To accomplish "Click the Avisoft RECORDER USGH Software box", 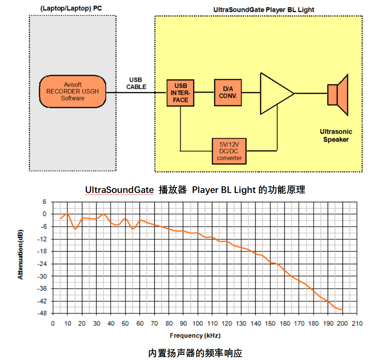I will (x=72, y=91).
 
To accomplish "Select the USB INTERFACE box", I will (x=180, y=93).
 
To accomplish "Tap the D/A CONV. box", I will (x=227, y=92).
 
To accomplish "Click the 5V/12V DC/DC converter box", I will (x=229, y=151).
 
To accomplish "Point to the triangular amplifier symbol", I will (x=275, y=93).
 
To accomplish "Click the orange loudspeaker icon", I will (x=337, y=95).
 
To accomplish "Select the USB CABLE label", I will (x=136, y=84).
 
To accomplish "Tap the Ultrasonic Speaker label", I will (x=336, y=135).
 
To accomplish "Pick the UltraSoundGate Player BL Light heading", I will (x=263, y=10).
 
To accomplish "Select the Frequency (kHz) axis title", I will (x=195, y=336).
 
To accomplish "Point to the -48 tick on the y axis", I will (x=44, y=313).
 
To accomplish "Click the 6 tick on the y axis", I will (x=45, y=202).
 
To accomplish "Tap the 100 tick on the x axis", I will (x=198, y=324).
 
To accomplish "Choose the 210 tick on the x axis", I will (x=357, y=324).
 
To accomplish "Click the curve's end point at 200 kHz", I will (x=342, y=310).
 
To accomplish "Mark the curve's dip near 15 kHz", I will (x=75, y=229).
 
